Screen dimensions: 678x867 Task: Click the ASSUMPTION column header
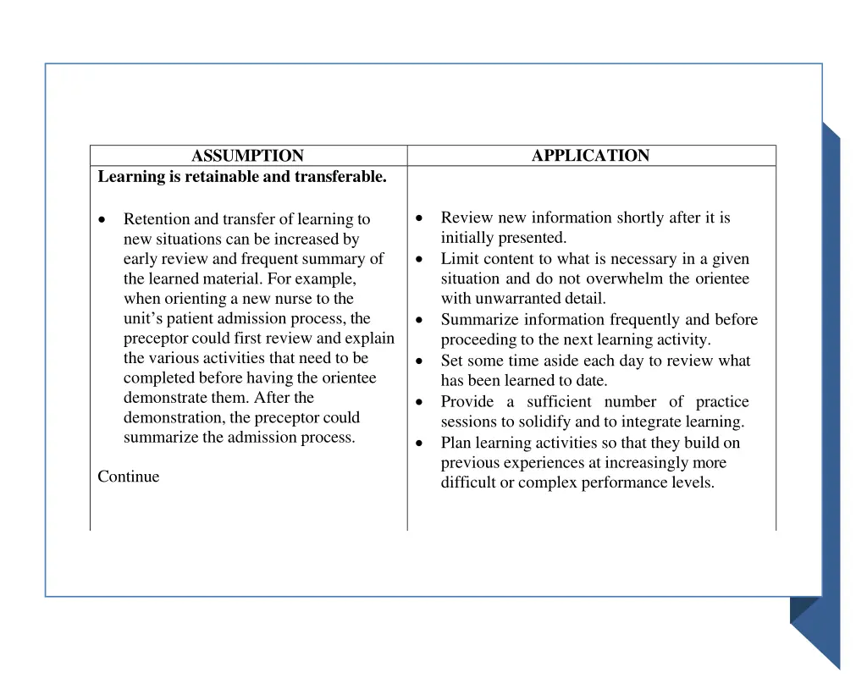click(x=247, y=156)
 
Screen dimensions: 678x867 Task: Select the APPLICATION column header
click(x=590, y=156)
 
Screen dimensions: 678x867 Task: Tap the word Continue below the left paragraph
click(x=128, y=477)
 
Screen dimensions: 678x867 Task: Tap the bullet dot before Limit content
click(x=420, y=259)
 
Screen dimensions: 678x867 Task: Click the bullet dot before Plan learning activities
click(x=420, y=443)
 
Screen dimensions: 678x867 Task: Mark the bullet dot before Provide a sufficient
click(x=420, y=402)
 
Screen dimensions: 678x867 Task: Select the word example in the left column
click(x=325, y=278)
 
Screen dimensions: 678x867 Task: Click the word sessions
click(x=467, y=422)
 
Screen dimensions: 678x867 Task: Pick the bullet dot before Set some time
click(x=420, y=361)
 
